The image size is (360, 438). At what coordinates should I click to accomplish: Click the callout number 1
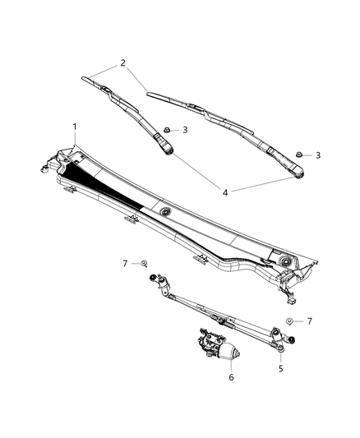[75, 127]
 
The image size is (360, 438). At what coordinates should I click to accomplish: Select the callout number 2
[122, 62]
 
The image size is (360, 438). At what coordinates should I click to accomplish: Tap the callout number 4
[225, 191]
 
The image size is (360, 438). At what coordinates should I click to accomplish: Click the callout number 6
[231, 377]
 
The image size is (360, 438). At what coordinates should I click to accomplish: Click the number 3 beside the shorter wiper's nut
[186, 130]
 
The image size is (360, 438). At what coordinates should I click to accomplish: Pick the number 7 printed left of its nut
[125, 263]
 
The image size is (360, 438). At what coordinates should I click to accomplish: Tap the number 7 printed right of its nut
[310, 320]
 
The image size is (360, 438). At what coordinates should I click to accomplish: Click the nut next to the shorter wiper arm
[167, 130]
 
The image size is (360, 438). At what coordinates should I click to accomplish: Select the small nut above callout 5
[290, 320]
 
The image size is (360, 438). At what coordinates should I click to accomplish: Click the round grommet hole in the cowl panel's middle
[167, 213]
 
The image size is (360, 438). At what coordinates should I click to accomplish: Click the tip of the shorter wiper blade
[85, 79]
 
